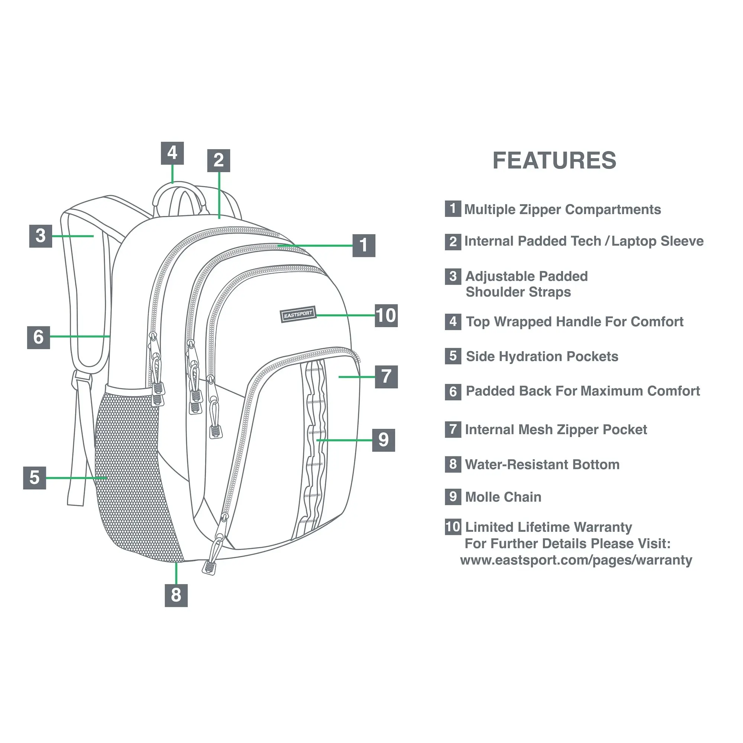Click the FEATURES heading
[x=554, y=160]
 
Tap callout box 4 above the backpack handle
[x=172, y=153]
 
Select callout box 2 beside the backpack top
[x=218, y=160]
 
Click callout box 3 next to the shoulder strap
[x=40, y=236]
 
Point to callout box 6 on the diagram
[x=39, y=337]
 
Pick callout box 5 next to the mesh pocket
[x=35, y=478]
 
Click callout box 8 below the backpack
[x=176, y=595]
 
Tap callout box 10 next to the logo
[x=386, y=315]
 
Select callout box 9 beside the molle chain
[x=383, y=440]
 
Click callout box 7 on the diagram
[x=386, y=377]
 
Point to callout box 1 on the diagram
[x=364, y=245]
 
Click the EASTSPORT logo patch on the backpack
[x=298, y=315]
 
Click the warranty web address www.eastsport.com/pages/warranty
[x=576, y=560]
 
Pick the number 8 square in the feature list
[x=453, y=465]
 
